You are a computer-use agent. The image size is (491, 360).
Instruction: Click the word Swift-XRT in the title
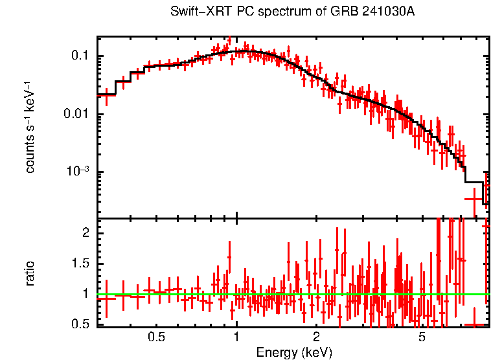pos(194,12)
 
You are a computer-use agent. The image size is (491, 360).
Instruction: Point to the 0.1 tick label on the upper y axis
pos(80,56)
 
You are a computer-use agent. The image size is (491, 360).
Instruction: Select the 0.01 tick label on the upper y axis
pos(76,115)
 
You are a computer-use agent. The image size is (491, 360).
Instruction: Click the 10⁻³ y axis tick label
pos(77,172)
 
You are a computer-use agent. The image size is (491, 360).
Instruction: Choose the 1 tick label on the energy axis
pos(236,338)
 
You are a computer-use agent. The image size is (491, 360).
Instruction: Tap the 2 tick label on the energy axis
pos(316,338)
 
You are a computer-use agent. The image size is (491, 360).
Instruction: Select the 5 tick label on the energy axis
pos(422,338)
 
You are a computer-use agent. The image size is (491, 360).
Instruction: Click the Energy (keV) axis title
pos(294,353)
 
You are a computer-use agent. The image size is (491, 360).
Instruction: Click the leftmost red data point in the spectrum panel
pos(106,95)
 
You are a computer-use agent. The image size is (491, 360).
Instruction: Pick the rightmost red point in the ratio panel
pos(486,226)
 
